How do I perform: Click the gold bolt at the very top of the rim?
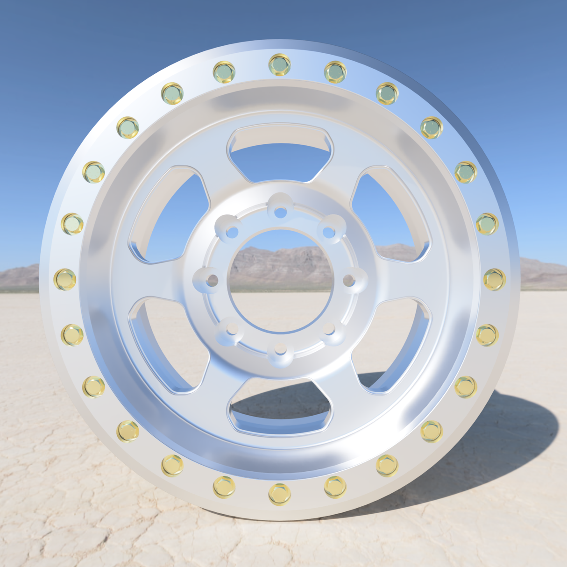(x=280, y=64)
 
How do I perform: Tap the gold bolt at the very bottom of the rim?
(x=280, y=495)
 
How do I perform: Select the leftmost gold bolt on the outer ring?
(x=65, y=279)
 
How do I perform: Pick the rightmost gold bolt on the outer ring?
(x=494, y=279)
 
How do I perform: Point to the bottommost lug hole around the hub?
(x=280, y=349)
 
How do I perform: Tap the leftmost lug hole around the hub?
(x=213, y=281)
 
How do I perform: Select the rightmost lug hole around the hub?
(x=348, y=281)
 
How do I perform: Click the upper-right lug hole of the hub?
(x=329, y=232)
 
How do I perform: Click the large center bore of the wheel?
(x=280, y=280)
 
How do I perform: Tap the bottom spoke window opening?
(x=280, y=406)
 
